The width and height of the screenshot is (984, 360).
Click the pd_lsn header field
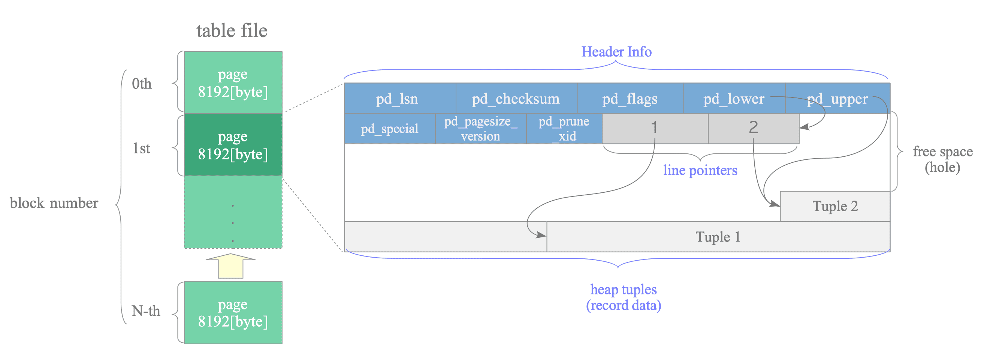pos(397,99)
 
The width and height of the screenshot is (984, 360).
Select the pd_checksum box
pos(516,99)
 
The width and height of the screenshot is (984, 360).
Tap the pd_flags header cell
pos(630,99)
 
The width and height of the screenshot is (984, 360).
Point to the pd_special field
pos(390,129)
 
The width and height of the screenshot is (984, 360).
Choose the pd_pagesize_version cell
pos(480,129)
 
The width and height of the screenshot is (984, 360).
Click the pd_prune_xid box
pos(564,129)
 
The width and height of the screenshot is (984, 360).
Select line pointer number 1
pos(655,127)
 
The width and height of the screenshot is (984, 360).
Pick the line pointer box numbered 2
pos(753,127)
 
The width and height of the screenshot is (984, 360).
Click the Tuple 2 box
pos(835,206)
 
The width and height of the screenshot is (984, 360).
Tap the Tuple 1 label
pos(718,237)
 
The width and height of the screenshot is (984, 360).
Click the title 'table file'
pos(232,31)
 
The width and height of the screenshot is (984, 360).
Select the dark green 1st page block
pos(233,145)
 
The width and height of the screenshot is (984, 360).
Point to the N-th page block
pos(233,313)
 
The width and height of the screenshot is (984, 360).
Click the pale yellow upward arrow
pos(231,266)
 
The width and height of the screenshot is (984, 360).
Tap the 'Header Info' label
pos(616,52)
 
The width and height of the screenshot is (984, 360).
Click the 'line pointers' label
pos(700,171)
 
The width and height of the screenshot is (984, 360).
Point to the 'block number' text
pos(54,203)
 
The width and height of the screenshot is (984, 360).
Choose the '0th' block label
pos(142,84)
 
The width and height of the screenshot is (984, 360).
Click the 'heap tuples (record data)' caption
pos(624,298)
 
